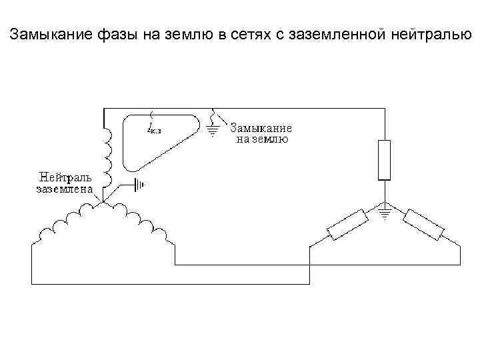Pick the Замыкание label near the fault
pos(261,129)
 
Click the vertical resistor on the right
pos(384,160)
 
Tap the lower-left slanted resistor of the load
pos(347,224)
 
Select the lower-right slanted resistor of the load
pos(423,224)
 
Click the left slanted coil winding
pos(67,223)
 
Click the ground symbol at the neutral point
pos(139,183)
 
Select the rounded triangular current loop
pos(157,140)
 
